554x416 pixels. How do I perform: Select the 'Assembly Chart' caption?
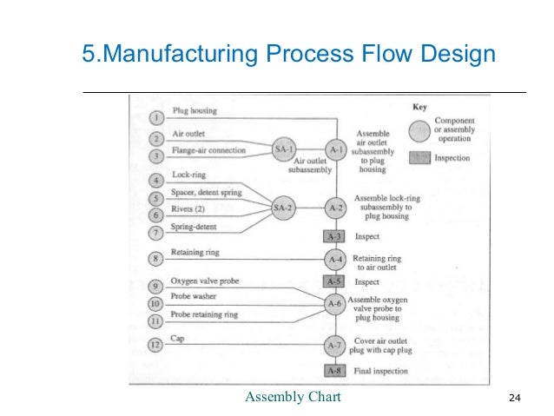click(x=293, y=398)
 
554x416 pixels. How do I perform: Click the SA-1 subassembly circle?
click(x=283, y=149)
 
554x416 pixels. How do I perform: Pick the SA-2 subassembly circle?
click(x=283, y=208)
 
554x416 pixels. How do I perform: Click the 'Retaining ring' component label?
click(x=195, y=253)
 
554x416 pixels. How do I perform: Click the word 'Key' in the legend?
click(x=420, y=108)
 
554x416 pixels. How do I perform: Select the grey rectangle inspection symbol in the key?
click(x=419, y=158)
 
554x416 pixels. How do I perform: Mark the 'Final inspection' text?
click(x=383, y=371)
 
